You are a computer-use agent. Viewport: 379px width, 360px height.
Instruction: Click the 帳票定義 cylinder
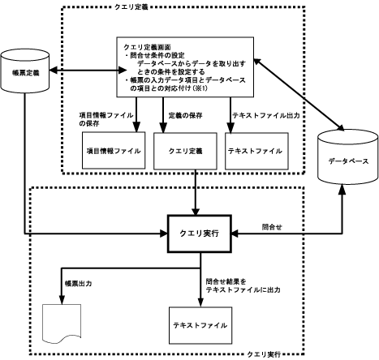pos(25,71)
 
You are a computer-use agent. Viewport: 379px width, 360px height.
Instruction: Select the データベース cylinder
pos(347,157)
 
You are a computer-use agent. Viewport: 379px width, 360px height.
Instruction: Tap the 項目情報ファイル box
pos(114,151)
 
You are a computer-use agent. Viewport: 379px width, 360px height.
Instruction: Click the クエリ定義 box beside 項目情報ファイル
pos(185,151)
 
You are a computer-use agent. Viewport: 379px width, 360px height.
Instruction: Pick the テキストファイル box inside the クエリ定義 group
pos(256,151)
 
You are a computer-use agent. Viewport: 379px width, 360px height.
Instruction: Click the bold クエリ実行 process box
pos(200,234)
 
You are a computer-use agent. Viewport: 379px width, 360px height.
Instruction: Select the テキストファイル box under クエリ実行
pos(200,325)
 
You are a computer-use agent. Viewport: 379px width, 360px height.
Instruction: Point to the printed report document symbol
pos(62,324)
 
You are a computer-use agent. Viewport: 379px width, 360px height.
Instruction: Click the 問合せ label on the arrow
pos(272,227)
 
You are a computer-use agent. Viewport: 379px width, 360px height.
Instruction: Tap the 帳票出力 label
pos(78,284)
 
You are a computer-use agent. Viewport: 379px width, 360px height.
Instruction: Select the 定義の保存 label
pos(186,115)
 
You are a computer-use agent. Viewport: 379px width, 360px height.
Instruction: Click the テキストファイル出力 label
pos(266,115)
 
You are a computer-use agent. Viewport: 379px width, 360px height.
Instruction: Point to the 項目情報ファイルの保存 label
pos(106,119)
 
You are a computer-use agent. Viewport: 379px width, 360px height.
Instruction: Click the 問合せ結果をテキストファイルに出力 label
pos(243,285)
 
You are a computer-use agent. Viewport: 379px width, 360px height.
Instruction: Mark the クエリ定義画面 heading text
pos(147,47)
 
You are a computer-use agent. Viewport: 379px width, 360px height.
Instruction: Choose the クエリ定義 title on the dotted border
pos(131,7)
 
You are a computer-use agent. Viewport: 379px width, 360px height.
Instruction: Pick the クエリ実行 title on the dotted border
pos(264,354)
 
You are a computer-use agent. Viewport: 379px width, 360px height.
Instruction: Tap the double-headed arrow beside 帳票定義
pos(88,71)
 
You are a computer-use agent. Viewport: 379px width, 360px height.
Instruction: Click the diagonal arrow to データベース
pos(299,94)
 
